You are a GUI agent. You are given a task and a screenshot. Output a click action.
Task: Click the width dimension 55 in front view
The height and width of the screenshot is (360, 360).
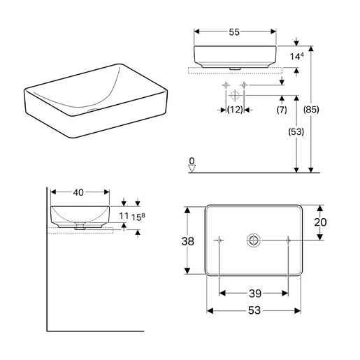(x=235, y=22)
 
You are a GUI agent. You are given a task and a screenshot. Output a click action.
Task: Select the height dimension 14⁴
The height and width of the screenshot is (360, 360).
(x=297, y=55)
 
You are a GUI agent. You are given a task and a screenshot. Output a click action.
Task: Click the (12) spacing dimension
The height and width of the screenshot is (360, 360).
(x=235, y=110)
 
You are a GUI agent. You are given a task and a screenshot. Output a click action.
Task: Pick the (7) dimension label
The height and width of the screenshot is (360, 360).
(x=282, y=110)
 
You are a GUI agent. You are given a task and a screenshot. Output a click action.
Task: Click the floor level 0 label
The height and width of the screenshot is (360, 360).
(x=192, y=161)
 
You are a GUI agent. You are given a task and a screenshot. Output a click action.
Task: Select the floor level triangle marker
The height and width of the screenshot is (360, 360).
(x=192, y=168)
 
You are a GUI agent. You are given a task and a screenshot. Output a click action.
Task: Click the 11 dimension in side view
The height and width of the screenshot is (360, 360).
(x=124, y=217)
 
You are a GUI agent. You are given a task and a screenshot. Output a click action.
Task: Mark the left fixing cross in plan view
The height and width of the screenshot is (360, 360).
(x=220, y=240)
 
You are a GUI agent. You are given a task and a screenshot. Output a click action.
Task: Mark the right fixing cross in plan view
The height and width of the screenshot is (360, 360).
(x=288, y=240)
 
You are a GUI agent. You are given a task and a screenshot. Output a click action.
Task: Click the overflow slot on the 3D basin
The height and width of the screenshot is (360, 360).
(x=92, y=110)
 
